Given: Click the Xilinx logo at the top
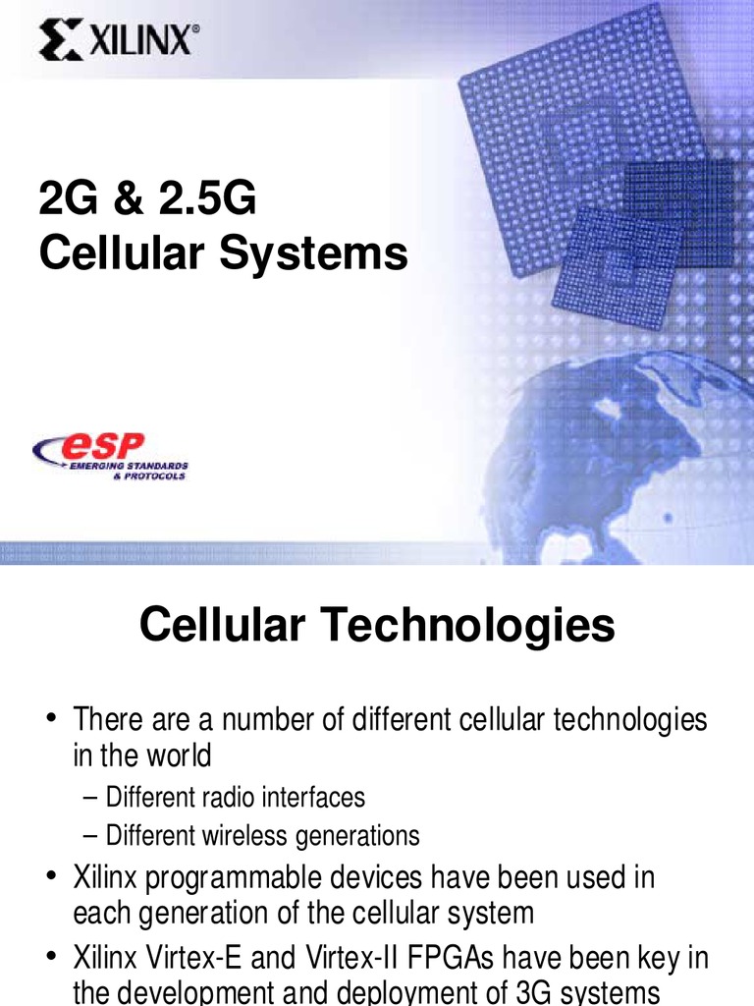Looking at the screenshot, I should pos(119,42).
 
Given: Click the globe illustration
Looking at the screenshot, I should pos(628,462).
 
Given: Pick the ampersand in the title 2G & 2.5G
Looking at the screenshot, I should pos(109,200).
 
